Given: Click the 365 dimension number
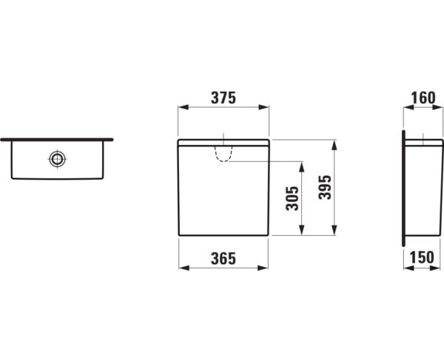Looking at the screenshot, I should pos(223,259).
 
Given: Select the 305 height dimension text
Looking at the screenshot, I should pos(292,197).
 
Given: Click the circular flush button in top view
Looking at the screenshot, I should pos(57,158).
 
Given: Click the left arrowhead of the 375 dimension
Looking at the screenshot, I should pos(181,109).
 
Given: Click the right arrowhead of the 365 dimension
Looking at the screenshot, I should pos(264,269).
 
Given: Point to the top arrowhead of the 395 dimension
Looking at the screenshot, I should pos(336,143).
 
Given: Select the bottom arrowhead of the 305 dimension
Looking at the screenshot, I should pos(302,231).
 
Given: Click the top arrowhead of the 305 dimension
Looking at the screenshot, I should pos(302,166).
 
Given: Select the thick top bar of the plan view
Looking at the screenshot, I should pos(57,138).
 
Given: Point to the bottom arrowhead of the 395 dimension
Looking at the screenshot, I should pos(336,231).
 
